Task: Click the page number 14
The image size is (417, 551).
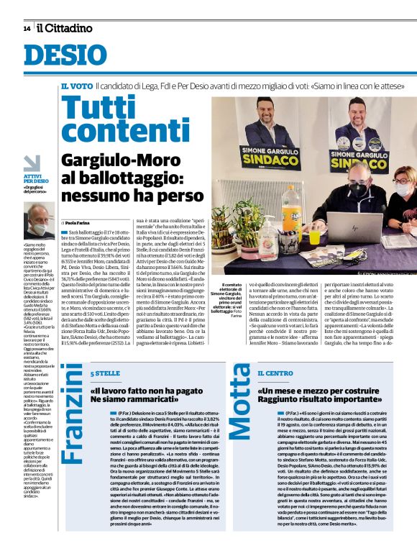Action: [27, 28]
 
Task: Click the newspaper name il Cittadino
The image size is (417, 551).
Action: [65, 28]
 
